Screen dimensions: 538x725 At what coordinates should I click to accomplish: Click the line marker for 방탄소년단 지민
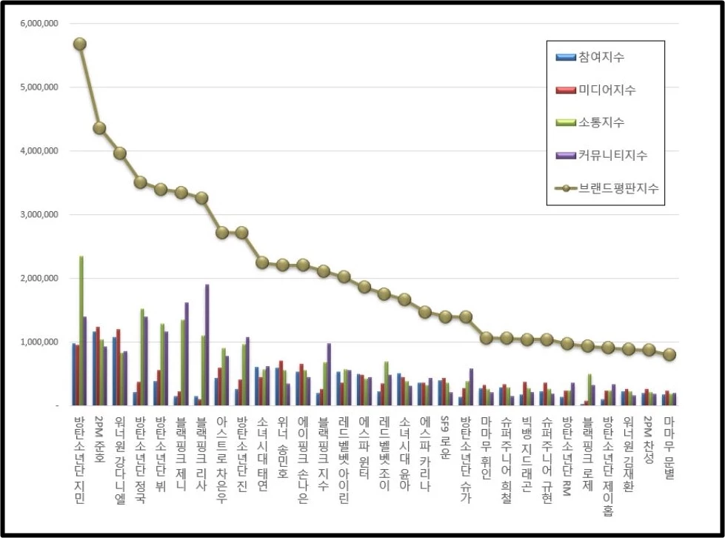coord(80,44)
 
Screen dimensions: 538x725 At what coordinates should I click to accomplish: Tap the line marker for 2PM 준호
coord(99,128)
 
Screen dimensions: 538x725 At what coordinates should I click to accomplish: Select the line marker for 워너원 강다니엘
coord(120,153)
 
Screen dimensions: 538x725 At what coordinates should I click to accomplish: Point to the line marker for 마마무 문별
coord(669,355)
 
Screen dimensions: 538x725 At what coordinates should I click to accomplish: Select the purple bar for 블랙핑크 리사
coord(207,345)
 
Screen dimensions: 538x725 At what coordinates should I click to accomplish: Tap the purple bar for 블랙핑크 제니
coord(187,354)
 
